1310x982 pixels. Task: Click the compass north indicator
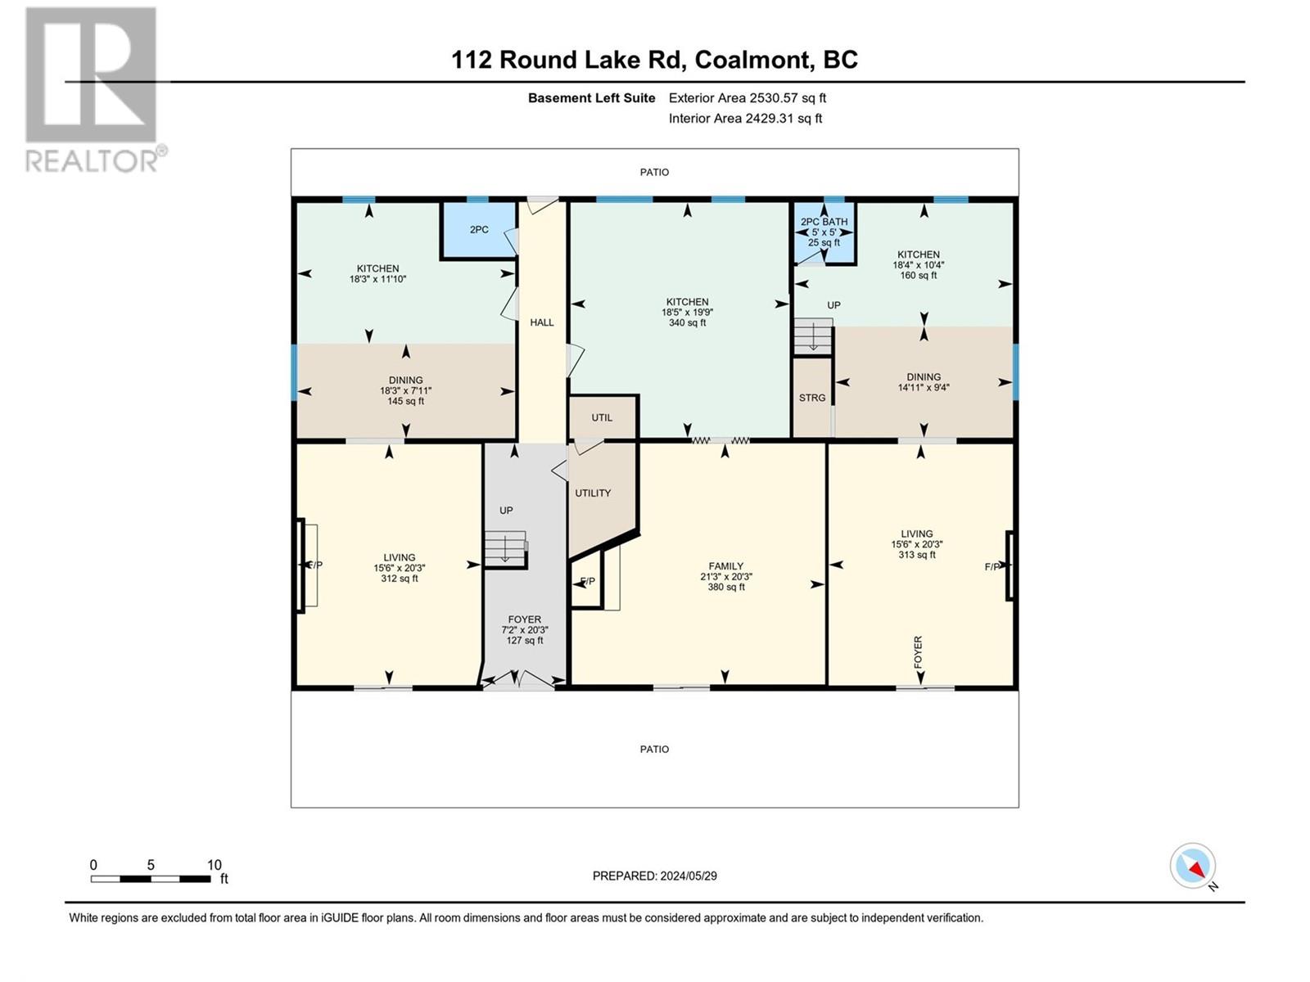(1194, 867)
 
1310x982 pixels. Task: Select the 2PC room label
(479, 230)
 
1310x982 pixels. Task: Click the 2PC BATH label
(824, 222)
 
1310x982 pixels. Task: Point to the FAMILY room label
(726, 566)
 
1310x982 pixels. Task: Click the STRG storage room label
(812, 398)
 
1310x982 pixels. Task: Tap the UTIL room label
(602, 417)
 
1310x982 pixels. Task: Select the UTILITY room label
(593, 493)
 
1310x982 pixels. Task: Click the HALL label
(542, 322)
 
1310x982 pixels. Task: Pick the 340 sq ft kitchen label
(687, 313)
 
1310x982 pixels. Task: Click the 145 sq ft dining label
(405, 390)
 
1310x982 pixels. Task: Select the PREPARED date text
(654, 876)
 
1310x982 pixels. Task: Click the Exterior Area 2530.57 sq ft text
(747, 98)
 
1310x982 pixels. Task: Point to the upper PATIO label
(654, 173)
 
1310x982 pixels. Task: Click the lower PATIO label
(654, 750)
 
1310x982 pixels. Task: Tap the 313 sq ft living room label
(917, 544)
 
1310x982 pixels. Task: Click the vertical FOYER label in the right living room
(918, 653)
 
